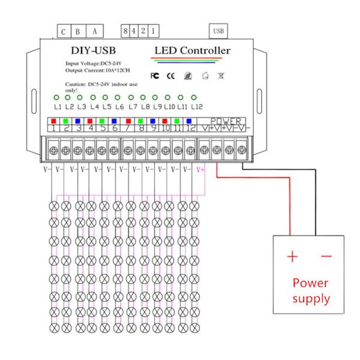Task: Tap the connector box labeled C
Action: tap(63, 31)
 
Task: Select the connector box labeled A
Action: tap(94, 31)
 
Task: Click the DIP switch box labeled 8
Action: tap(125, 30)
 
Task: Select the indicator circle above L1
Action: tap(55, 97)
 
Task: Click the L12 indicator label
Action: tap(193, 107)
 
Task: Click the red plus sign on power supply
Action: tap(292, 257)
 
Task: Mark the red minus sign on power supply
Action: tap(326, 257)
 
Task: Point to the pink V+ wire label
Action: tap(201, 169)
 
